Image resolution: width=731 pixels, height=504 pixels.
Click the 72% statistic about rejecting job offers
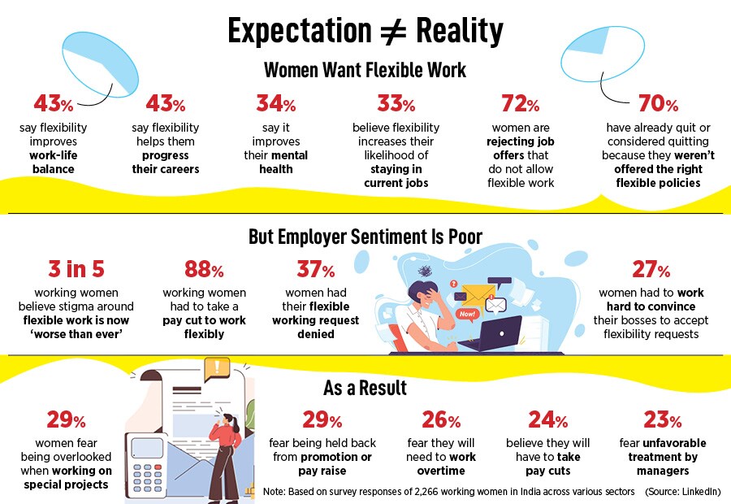pos(521,105)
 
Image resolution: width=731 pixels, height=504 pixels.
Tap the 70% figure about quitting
pos(658,105)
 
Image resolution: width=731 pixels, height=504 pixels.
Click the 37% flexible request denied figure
pos(316,270)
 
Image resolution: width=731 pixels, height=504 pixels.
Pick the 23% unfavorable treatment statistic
pos(663,420)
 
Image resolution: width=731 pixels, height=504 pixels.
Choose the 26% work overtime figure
pos(441,420)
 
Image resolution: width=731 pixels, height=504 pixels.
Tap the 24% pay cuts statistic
pos(548,420)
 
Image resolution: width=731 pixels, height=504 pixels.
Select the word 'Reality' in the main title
pos(460,32)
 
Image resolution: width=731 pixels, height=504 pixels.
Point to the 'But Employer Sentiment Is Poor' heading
pos(365,237)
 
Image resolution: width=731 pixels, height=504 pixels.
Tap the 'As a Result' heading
pos(365,389)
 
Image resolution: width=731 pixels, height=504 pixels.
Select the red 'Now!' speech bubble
pos(466,312)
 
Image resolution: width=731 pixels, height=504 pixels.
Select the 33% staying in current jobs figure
pos(396,105)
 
